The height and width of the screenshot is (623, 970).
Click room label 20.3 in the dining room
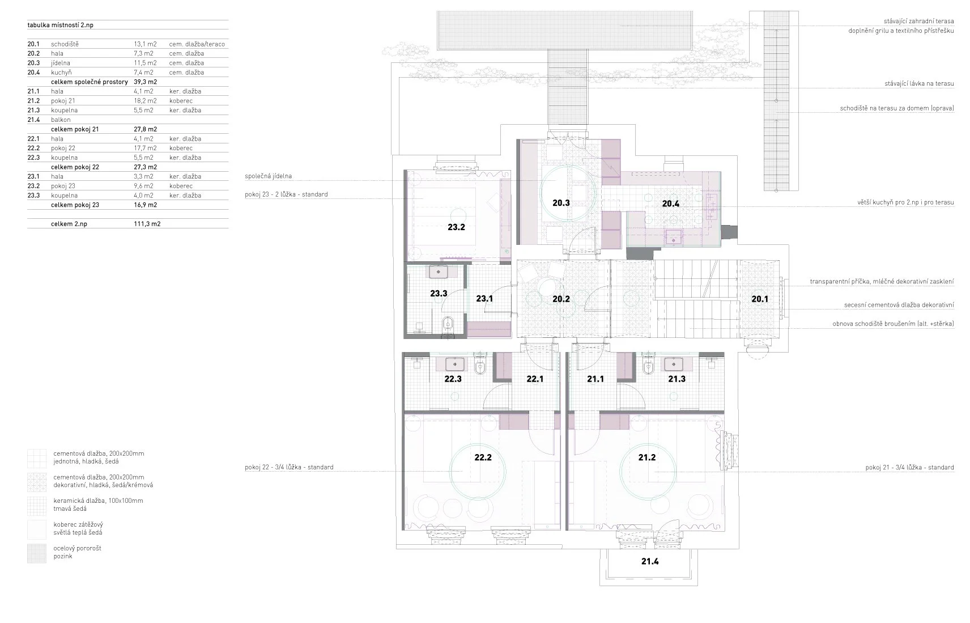561,203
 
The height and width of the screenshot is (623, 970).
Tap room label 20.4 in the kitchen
670,203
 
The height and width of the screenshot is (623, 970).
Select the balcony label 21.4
649,561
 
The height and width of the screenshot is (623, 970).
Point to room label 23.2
456,227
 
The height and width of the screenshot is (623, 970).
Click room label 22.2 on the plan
483,457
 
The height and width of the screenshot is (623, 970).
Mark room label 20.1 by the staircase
760,299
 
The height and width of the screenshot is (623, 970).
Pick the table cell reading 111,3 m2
147,224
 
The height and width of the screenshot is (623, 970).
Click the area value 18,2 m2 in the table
145,100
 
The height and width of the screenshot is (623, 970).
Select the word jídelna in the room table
61,63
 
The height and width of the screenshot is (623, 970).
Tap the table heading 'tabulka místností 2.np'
60,25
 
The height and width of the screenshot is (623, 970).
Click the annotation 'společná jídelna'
268,176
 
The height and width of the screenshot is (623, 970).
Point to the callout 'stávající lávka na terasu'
919,84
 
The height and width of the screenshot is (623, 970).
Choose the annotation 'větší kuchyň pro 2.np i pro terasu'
905,202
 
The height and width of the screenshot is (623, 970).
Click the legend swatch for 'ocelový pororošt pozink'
37,553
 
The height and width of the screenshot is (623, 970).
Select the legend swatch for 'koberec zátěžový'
37,529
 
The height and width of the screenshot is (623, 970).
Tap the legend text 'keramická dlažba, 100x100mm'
98,501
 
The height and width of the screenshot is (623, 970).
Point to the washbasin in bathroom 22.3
454,364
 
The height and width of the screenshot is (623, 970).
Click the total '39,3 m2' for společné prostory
145,82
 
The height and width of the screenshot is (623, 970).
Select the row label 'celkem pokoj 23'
75,205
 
